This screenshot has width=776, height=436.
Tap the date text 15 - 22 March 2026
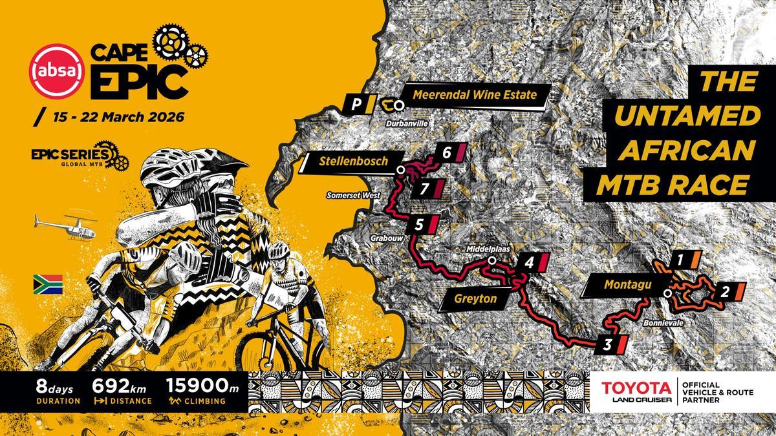(x=111, y=118)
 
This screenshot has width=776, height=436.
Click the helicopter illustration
(x=65, y=225)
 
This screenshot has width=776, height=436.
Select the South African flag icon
(x=48, y=284)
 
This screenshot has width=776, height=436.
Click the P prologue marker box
(x=356, y=103)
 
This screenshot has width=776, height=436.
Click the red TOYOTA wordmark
(x=636, y=388)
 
